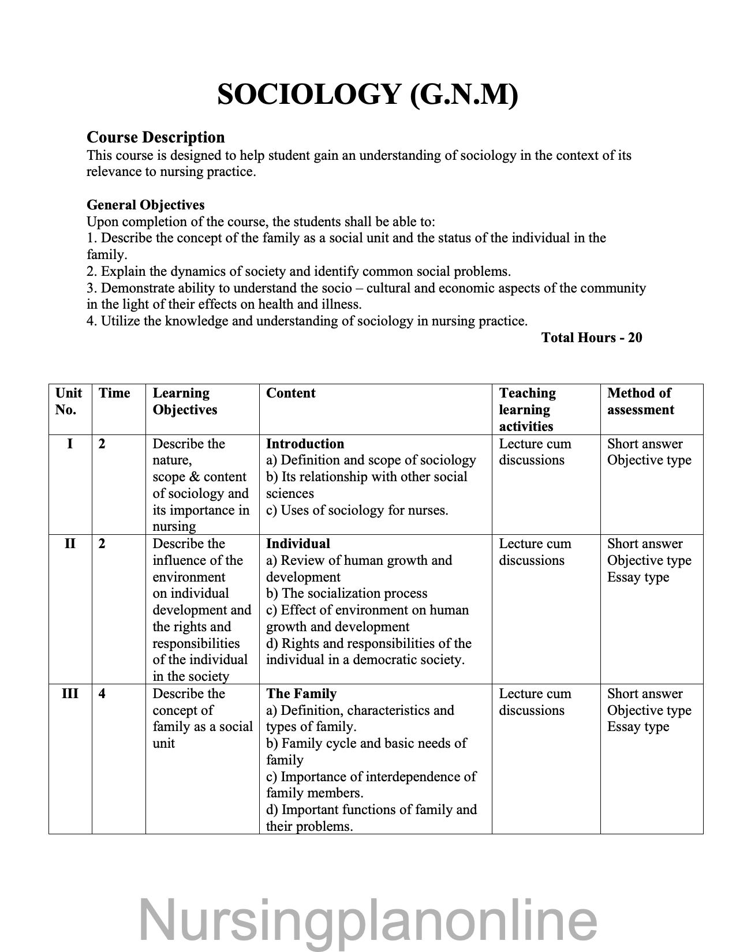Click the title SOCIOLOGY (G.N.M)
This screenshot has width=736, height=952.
[x=368, y=94]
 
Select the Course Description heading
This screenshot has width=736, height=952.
[x=155, y=137]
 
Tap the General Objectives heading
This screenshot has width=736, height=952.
[x=145, y=205]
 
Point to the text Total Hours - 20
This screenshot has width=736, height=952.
[x=591, y=338]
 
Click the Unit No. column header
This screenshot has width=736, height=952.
[x=69, y=402]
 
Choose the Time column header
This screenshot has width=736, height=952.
[x=114, y=393]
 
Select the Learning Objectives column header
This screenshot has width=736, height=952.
[x=185, y=402]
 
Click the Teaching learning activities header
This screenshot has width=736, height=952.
[x=527, y=410]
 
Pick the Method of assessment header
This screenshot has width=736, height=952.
[x=640, y=402]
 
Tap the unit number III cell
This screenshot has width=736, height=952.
[x=70, y=694]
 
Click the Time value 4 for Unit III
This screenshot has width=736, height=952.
[x=102, y=694]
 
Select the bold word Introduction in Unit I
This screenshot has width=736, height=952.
[x=305, y=444]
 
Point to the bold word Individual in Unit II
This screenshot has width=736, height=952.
[x=298, y=544]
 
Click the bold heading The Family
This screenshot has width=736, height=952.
[x=301, y=694]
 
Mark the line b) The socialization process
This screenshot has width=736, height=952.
[x=346, y=594]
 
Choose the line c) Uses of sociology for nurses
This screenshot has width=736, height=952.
[x=357, y=510]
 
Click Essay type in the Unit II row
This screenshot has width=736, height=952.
[x=638, y=577]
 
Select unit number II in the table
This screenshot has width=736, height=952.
[x=70, y=544]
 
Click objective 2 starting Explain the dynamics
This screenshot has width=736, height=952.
[x=298, y=271]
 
